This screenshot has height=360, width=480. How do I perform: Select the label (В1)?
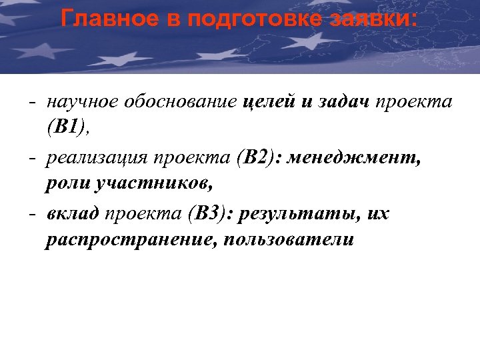[67, 128]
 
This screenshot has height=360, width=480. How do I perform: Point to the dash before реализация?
[32, 159]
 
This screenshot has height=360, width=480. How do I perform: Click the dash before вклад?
[32, 215]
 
